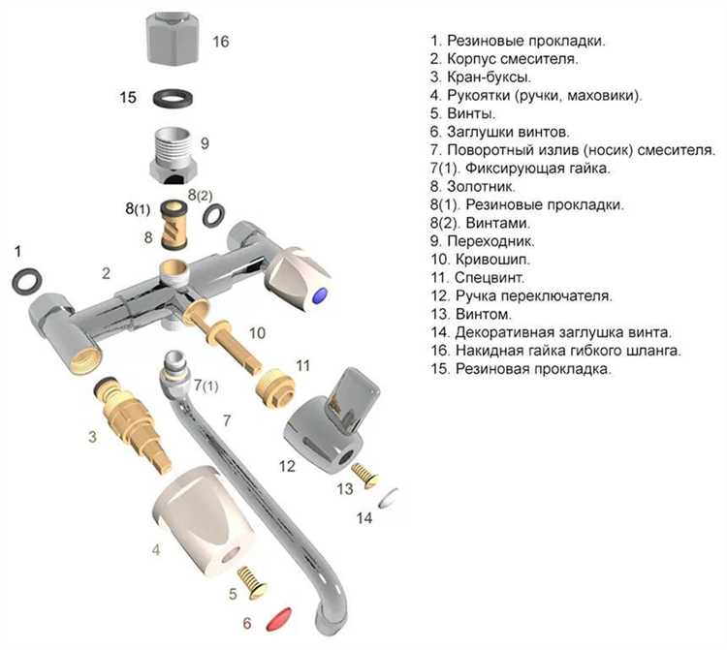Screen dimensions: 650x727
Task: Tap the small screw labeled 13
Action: tap(363, 472)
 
